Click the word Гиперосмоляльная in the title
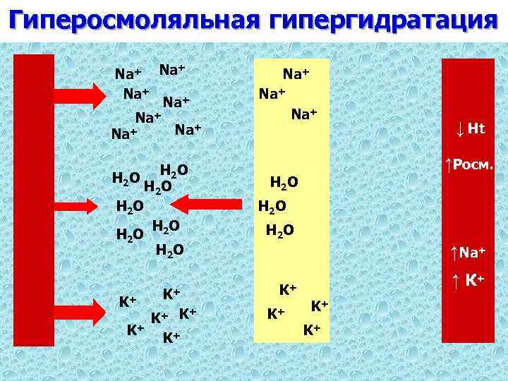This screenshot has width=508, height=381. click(131, 20)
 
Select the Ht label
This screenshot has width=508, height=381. click(476, 129)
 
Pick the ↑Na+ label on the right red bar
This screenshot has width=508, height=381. click(468, 250)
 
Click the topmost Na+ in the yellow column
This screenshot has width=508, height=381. click(297, 73)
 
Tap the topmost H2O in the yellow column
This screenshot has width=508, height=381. click(285, 183)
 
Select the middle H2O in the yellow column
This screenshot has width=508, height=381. click(272, 207)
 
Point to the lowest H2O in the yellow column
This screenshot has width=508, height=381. click(280, 230)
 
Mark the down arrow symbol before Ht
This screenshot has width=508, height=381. click(459, 129)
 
